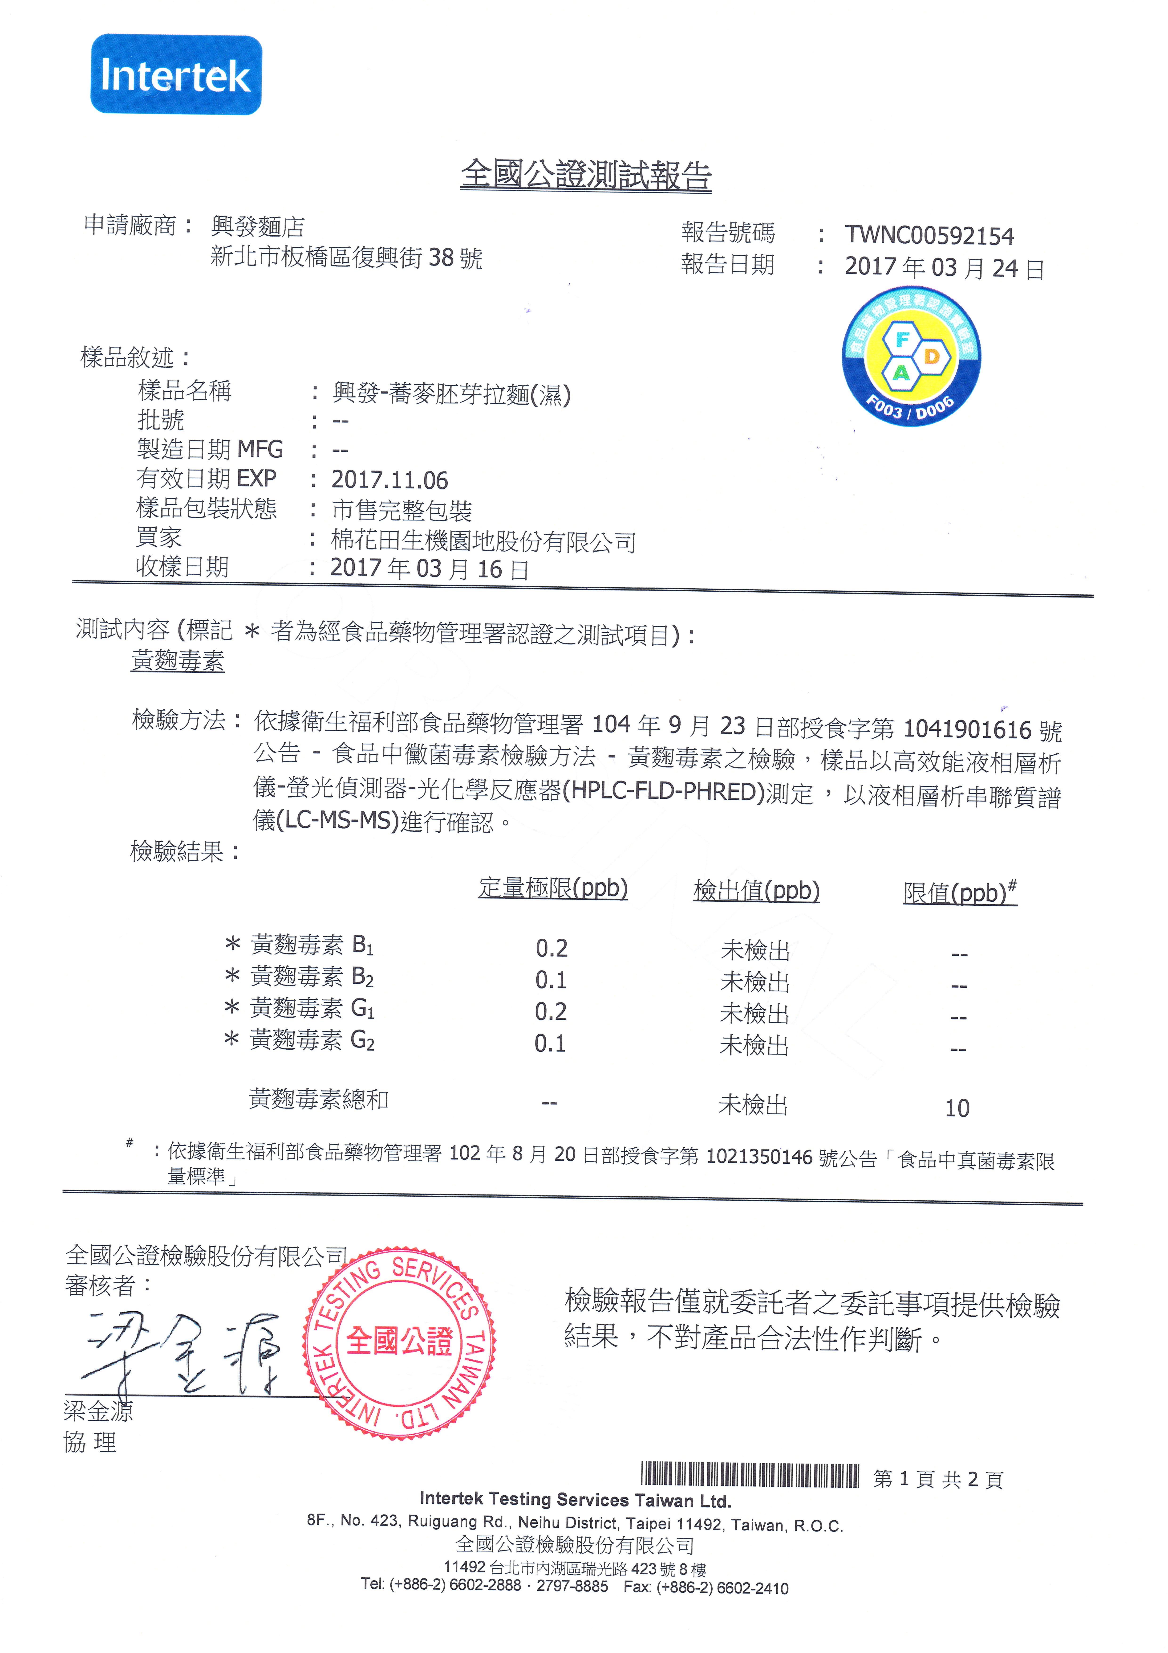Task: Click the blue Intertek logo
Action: (x=176, y=75)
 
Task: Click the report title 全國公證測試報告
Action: (x=586, y=175)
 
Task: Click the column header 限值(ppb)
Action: (x=959, y=893)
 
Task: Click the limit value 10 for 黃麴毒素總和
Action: (x=957, y=1108)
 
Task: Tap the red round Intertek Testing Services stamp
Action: (x=399, y=1343)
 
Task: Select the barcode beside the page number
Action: (x=750, y=1476)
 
